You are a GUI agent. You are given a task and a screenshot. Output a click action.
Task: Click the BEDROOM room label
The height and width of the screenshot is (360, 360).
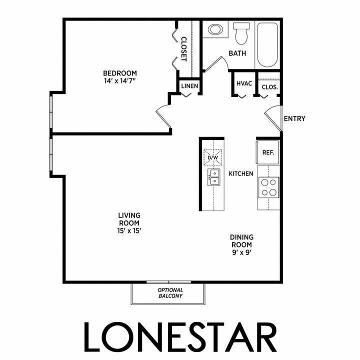pos(119,73)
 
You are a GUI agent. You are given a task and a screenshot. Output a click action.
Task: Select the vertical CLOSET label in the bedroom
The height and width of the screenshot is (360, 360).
pos(183,49)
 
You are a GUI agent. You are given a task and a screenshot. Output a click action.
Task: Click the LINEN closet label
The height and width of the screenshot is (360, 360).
pos(190,86)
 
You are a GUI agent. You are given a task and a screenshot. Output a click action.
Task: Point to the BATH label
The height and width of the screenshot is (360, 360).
pos(237,53)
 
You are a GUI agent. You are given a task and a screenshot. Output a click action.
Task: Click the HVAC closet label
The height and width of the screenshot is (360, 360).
pos(243,86)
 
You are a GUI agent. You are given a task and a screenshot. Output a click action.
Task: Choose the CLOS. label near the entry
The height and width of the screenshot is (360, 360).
pos(270,86)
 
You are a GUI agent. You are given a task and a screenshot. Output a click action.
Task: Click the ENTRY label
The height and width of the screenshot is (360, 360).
pos(294,118)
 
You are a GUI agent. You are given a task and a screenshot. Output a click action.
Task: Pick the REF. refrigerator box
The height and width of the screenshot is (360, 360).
pos(268,151)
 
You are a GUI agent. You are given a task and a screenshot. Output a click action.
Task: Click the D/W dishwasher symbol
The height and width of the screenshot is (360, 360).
pos(213,157)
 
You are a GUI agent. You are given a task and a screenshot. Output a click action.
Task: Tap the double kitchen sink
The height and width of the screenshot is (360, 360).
pos(214,176)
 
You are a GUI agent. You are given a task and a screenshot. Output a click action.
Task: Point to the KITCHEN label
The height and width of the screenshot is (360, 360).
pos(241,173)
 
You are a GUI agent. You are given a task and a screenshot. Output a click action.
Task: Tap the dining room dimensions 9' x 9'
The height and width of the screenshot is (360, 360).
pos(241,253)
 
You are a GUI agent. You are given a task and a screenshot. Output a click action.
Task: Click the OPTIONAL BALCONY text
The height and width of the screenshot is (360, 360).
pos(170,293)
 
